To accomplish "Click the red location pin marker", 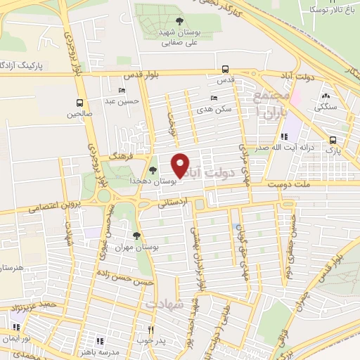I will click(x=180, y=165).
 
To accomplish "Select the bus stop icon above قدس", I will click(x=225, y=69).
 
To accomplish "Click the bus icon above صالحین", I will click(x=80, y=102).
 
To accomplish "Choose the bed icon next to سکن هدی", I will click(x=214, y=98).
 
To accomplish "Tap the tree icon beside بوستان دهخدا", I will click(x=153, y=169).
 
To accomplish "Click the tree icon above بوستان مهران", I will click(x=136, y=236).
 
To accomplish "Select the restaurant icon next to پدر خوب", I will click(x=150, y=329).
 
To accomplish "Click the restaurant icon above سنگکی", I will click(x=326, y=96).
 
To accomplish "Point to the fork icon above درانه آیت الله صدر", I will click(x=284, y=137).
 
